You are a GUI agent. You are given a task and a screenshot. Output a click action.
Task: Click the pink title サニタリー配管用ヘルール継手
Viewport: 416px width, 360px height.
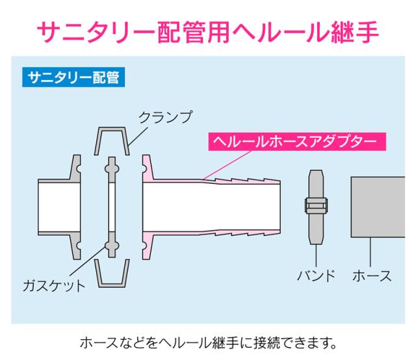(x=208, y=32)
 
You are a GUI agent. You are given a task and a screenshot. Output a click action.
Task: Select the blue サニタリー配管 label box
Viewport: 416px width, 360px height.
(x=73, y=77)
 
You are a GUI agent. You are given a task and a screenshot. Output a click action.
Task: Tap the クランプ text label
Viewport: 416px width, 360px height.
(x=166, y=117)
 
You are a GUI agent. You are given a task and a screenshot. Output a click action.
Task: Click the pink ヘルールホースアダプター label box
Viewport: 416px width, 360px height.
(x=297, y=142)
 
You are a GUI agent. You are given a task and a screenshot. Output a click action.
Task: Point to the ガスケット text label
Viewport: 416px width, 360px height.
(x=54, y=285)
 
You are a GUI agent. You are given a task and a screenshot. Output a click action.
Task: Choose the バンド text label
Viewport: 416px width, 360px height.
(x=317, y=276)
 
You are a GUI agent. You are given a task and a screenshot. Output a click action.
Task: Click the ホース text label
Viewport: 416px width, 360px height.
(x=372, y=276)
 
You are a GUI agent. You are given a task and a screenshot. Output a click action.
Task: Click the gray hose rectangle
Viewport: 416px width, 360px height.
(x=378, y=207)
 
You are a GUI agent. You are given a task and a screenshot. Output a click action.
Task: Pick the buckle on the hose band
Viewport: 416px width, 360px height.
(x=316, y=205)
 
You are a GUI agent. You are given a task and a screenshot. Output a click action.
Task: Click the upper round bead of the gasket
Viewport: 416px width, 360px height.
(x=112, y=169)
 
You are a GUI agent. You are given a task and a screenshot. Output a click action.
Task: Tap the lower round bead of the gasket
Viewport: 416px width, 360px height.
(x=112, y=246)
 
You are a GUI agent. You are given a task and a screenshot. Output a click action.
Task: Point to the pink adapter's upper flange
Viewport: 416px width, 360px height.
(x=148, y=168)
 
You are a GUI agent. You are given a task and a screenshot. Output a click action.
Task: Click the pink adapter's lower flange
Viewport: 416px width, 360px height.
(x=148, y=246)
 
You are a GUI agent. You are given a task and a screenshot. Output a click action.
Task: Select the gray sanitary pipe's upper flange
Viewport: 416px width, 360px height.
(x=75, y=168)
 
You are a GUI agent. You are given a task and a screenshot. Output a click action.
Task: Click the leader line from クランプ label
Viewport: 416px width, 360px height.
(x=137, y=136)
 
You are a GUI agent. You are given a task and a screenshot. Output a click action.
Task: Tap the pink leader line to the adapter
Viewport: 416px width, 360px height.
(x=227, y=165)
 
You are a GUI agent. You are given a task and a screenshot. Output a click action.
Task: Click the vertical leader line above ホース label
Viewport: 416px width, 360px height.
(x=370, y=252)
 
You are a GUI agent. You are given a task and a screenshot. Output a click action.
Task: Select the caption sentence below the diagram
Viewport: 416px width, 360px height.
(x=209, y=342)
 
